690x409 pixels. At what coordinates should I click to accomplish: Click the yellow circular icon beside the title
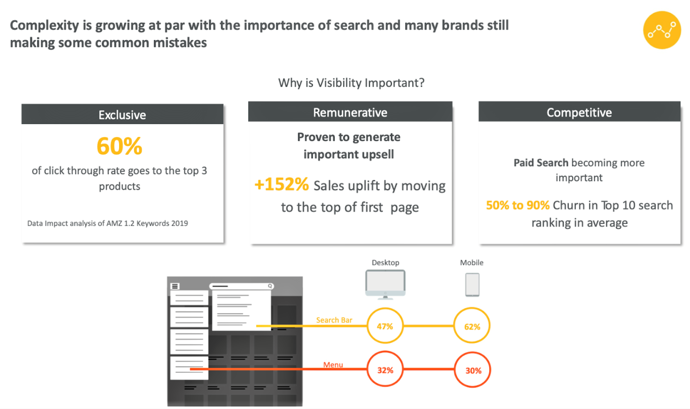[662, 30]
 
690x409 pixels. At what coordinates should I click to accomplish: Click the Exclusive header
[122, 114]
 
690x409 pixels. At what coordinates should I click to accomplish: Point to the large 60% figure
[120, 146]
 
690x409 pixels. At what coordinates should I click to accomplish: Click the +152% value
[282, 184]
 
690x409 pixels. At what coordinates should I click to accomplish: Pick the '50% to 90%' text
[518, 205]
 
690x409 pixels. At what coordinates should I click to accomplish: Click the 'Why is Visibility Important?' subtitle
[351, 83]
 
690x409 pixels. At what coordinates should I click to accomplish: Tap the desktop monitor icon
[385, 285]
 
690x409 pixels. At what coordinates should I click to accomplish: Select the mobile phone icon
[472, 285]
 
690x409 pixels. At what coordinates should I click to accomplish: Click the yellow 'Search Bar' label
[334, 320]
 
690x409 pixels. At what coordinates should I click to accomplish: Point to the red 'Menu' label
[333, 365]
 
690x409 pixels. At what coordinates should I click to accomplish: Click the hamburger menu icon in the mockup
[175, 286]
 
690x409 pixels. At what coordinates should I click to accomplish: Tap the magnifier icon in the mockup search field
[270, 286]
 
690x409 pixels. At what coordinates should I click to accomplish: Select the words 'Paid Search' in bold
[541, 162]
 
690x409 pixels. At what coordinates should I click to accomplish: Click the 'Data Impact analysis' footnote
[108, 223]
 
